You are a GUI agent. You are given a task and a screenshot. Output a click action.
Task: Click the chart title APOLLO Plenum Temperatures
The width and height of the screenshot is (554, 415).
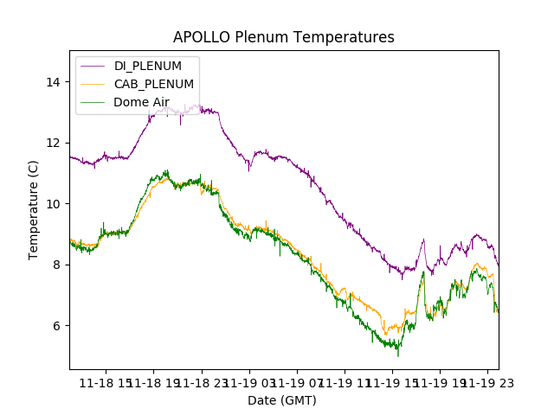pyautogui.click(x=283, y=37)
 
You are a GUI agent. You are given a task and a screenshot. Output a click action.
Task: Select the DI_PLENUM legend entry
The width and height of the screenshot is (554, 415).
pyautogui.click(x=147, y=66)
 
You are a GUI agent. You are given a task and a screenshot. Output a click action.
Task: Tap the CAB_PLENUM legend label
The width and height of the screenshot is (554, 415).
pyautogui.click(x=154, y=84)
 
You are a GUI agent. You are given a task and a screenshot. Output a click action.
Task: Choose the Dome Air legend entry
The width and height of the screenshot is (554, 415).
pyautogui.click(x=141, y=102)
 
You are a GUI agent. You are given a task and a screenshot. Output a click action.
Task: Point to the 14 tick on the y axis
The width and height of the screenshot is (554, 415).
pyautogui.click(x=54, y=82)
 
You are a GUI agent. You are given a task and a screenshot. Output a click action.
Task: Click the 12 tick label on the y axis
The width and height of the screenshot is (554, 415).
pyautogui.click(x=54, y=143)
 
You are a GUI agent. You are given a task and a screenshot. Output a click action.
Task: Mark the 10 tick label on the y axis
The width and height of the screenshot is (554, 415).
pyautogui.click(x=54, y=204)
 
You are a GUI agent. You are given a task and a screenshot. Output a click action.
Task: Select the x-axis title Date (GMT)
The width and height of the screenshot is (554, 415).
pyautogui.click(x=282, y=400)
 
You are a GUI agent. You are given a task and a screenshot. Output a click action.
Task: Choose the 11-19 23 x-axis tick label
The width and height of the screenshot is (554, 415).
pyautogui.click(x=485, y=382)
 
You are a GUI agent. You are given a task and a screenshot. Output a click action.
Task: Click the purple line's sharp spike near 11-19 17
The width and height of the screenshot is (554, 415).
pyautogui.click(x=423, y=240)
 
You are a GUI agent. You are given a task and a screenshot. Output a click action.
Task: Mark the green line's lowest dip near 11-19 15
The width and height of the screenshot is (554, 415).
pyautogui.click(x=398, y=354)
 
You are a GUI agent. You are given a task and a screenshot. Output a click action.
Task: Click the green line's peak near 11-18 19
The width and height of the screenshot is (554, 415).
pyautogui.click(x=166, y=171)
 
